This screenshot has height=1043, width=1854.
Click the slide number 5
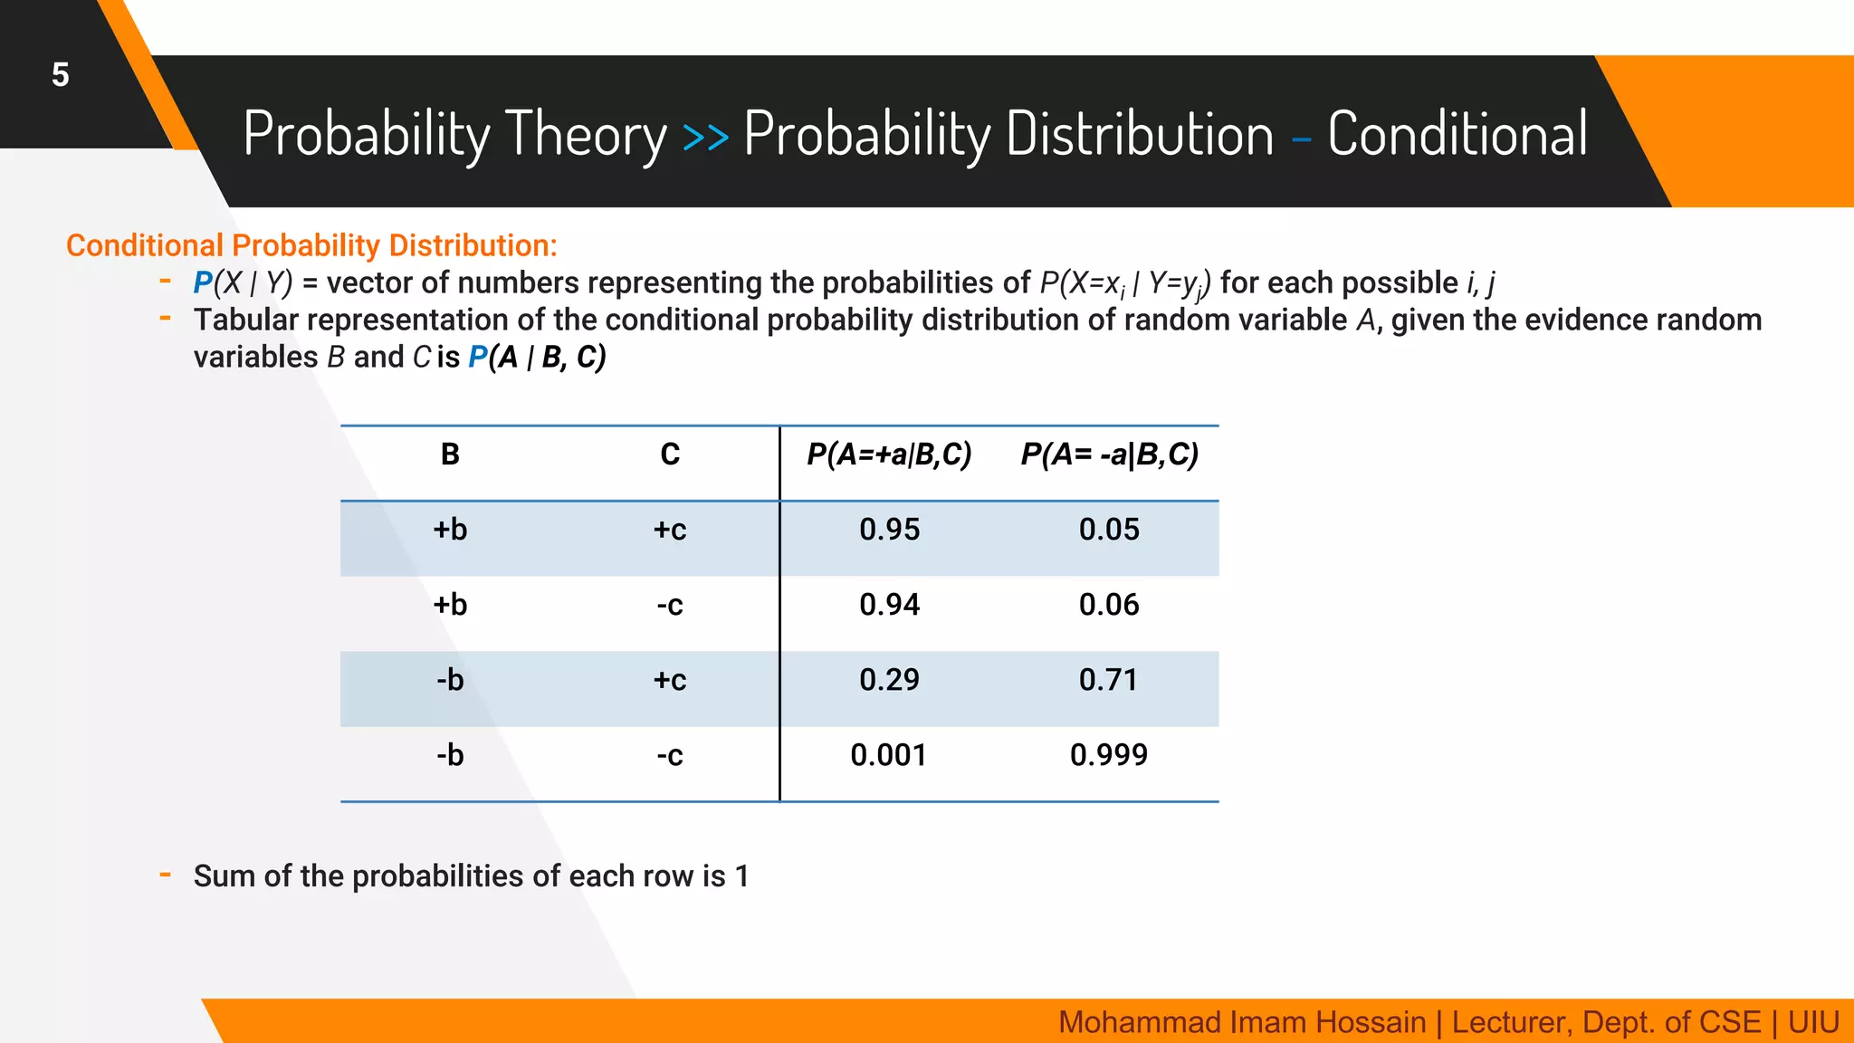(60, 74)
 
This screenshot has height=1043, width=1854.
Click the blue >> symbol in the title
(705, 137)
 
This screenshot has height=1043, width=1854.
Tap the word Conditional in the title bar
(1457, 134)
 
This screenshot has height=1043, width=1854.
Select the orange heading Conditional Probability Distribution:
(311, 245)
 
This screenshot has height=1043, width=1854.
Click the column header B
(450, 455)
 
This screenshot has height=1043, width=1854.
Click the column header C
(670, 455)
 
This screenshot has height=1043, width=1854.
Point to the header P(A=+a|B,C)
(889, 455)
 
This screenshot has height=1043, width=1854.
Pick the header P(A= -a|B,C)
(1109, 455)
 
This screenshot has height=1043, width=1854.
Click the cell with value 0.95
(889, 530)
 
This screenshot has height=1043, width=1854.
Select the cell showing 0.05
(1109, 530)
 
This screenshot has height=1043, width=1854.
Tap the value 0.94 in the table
(889, 605)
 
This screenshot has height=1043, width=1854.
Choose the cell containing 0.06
(1109, 605)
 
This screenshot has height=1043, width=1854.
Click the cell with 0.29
(889, 680)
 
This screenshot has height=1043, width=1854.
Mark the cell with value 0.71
(1109, 680)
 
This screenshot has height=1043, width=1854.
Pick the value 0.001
(889, 755)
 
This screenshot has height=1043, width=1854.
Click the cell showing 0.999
(1109, 755)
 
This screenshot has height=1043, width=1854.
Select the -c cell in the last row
(670, 755)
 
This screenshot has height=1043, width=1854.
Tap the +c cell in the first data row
(670, 530)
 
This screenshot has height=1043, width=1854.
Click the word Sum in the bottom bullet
(225, 876)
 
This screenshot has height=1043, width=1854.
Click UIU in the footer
(1813, 1022)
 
